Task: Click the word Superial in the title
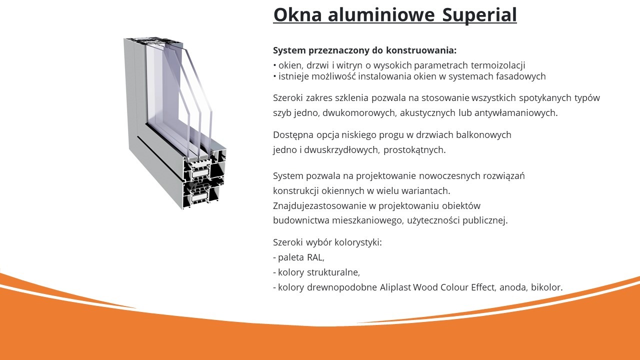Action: pos(479,15)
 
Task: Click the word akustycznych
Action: pos(430,112)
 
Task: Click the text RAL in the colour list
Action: pos(315,257)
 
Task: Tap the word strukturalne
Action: pos(336,272)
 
